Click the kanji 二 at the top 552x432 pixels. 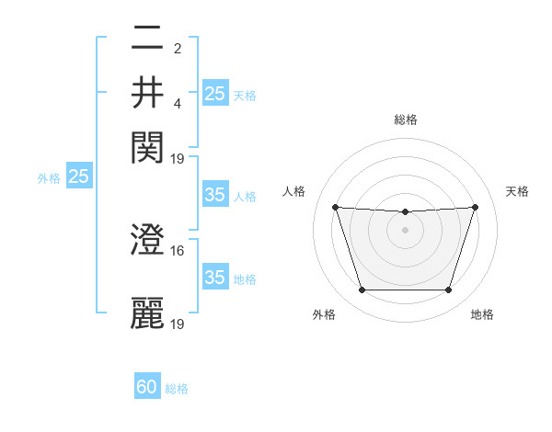pos(147,39)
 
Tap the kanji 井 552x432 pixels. pos(147,92)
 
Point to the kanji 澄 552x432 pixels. pos(147,240)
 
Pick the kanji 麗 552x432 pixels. pos(147,313)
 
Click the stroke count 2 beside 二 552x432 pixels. pos(178,48)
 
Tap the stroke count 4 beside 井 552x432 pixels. pos(178,102)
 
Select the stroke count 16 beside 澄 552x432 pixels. pos(178,250)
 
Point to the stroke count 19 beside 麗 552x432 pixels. pos(178,324)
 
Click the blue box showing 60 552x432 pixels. pos(147,388)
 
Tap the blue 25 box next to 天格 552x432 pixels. pos(214,93)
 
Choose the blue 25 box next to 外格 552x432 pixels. pos(78,176)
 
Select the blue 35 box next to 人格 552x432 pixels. pos(214,195)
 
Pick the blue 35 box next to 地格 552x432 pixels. pos(214,278)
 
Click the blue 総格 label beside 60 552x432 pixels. pos(177,389)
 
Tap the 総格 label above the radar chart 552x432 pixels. pos(405,119)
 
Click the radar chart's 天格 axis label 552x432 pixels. pos(517,191)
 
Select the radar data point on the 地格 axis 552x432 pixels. pos(449,290)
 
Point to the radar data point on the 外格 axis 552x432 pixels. pos(362,290)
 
